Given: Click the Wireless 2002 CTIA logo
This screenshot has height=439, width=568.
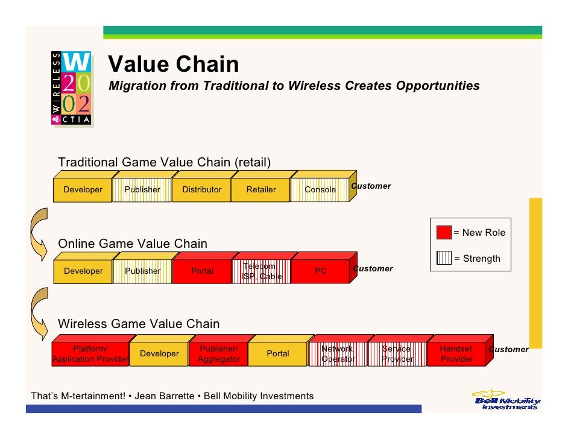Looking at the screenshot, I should (71, 87).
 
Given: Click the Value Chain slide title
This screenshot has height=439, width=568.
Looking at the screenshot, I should (174, 64).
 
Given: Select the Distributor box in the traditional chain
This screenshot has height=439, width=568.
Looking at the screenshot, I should (202, 189).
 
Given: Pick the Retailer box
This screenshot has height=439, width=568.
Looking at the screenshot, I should (261, 189).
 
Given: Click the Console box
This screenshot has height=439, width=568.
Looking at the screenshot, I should (320, 189).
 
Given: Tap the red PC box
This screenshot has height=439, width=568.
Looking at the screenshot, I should (320, 271).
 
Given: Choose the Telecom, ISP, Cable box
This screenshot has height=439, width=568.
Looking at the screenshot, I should (261, 271).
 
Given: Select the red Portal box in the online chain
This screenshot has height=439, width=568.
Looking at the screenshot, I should (202, 271).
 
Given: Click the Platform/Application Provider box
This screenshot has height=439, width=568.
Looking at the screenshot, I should (90, 354).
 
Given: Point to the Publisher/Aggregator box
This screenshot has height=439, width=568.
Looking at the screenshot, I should (219, 354).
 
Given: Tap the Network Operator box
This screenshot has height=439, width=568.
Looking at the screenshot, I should (338, 354).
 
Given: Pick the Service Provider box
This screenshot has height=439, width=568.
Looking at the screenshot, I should (397, 354).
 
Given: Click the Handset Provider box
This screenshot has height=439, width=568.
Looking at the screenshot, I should (456, 354).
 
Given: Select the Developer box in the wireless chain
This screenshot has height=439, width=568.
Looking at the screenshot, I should (159, 354).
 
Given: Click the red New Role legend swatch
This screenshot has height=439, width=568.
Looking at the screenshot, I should (444, 233).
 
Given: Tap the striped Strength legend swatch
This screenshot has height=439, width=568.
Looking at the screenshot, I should (444, 259).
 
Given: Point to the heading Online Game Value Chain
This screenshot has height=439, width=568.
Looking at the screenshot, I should (132, 244).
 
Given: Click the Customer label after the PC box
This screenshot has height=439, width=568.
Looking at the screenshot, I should (373, 268).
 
